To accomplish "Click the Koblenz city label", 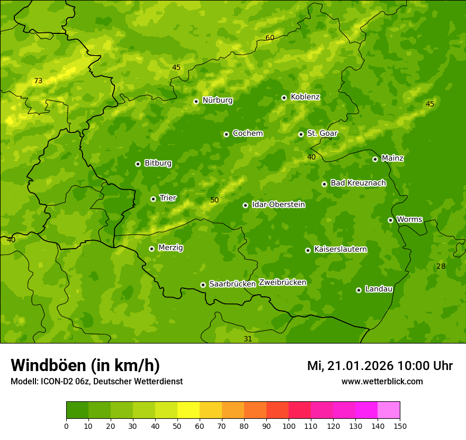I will pos(305,97).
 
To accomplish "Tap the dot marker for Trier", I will pos(153,199).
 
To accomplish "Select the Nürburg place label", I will pos(217,100).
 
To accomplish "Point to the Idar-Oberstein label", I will pos(278,205).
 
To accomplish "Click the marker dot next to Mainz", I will pos(375,159).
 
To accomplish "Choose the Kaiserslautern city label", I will pos(340,249).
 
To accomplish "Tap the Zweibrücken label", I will pos(282,283).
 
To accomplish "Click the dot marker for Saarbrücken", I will pos(203,285).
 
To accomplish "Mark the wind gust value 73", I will pos(38,81).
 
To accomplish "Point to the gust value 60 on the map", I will pos(270,38).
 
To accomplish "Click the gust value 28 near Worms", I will pos(441,266).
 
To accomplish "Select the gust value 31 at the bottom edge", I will pos(248,339).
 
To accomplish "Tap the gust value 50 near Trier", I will pos(214,200).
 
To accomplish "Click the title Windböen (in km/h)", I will pos(85,365).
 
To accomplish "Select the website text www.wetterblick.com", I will pos(382,381).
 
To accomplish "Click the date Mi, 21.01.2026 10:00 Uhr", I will pos(380,366).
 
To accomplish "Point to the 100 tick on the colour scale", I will pos(289,426).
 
